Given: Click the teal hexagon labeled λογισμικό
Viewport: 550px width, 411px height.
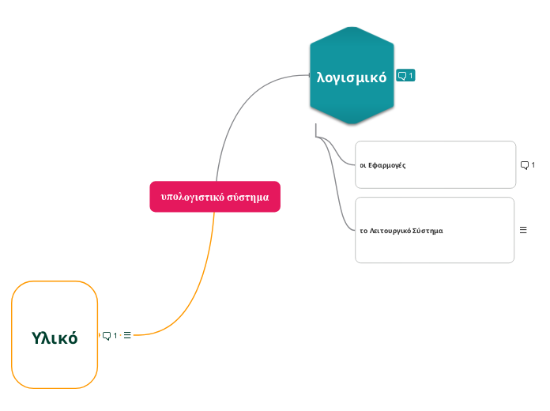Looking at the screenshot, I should point(352,76).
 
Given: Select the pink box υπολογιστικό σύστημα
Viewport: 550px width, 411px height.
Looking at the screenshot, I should point(215,197).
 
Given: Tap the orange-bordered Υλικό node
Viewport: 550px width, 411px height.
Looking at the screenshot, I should point(55,335).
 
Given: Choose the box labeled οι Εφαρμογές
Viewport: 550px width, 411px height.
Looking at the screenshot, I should point(435,165).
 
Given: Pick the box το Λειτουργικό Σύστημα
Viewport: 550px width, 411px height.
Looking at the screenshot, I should point(435,230).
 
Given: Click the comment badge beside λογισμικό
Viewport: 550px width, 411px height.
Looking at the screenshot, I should point(405,76).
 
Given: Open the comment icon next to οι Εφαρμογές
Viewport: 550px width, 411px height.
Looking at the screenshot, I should point(526,165).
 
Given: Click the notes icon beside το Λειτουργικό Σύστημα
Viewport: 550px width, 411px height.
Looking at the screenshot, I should point(523,230).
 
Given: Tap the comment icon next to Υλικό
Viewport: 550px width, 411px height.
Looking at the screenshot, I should point(108,335).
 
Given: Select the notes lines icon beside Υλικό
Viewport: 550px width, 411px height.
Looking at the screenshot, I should point(127,335).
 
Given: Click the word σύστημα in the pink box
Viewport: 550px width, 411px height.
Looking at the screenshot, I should point(248,197).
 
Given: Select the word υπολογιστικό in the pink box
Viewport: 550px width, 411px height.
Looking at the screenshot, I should point(192,197).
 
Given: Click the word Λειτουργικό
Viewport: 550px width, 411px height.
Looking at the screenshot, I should point(390,231).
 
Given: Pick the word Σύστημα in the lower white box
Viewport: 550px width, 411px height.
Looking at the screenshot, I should point(428,231).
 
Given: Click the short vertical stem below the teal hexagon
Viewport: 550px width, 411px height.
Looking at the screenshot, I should point(315,130).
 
